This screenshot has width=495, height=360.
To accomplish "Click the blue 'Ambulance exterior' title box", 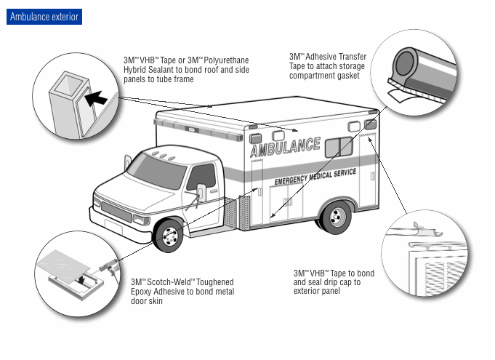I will click(x=44, y=17).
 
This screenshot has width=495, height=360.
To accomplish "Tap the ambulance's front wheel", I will click(x=170, y=234).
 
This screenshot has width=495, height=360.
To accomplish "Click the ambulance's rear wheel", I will click(x=337, y=216).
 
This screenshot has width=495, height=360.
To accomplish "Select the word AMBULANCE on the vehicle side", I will click(x=285, y=148).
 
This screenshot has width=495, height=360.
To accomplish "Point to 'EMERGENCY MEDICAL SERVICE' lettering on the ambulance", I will click(x=315, y=175).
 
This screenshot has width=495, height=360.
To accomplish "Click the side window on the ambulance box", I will click(x=339, y=147).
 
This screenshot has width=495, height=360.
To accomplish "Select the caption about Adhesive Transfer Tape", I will click(x=328, y=65).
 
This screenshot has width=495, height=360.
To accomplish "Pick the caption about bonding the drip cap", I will click(x=334, y=282).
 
